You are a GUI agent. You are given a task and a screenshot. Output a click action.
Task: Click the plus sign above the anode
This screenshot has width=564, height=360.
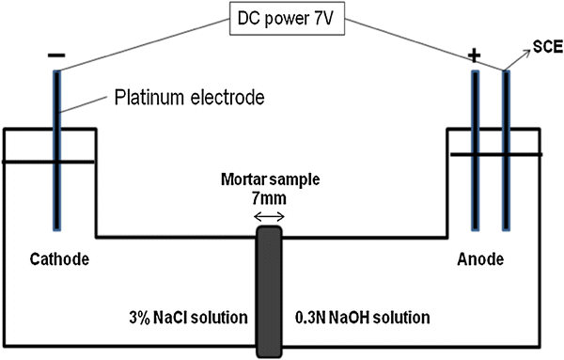pos(475,56)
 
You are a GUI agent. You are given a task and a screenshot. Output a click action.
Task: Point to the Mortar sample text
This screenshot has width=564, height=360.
pos(270,180)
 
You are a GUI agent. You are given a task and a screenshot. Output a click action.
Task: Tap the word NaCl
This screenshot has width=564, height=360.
pos(175,313)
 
